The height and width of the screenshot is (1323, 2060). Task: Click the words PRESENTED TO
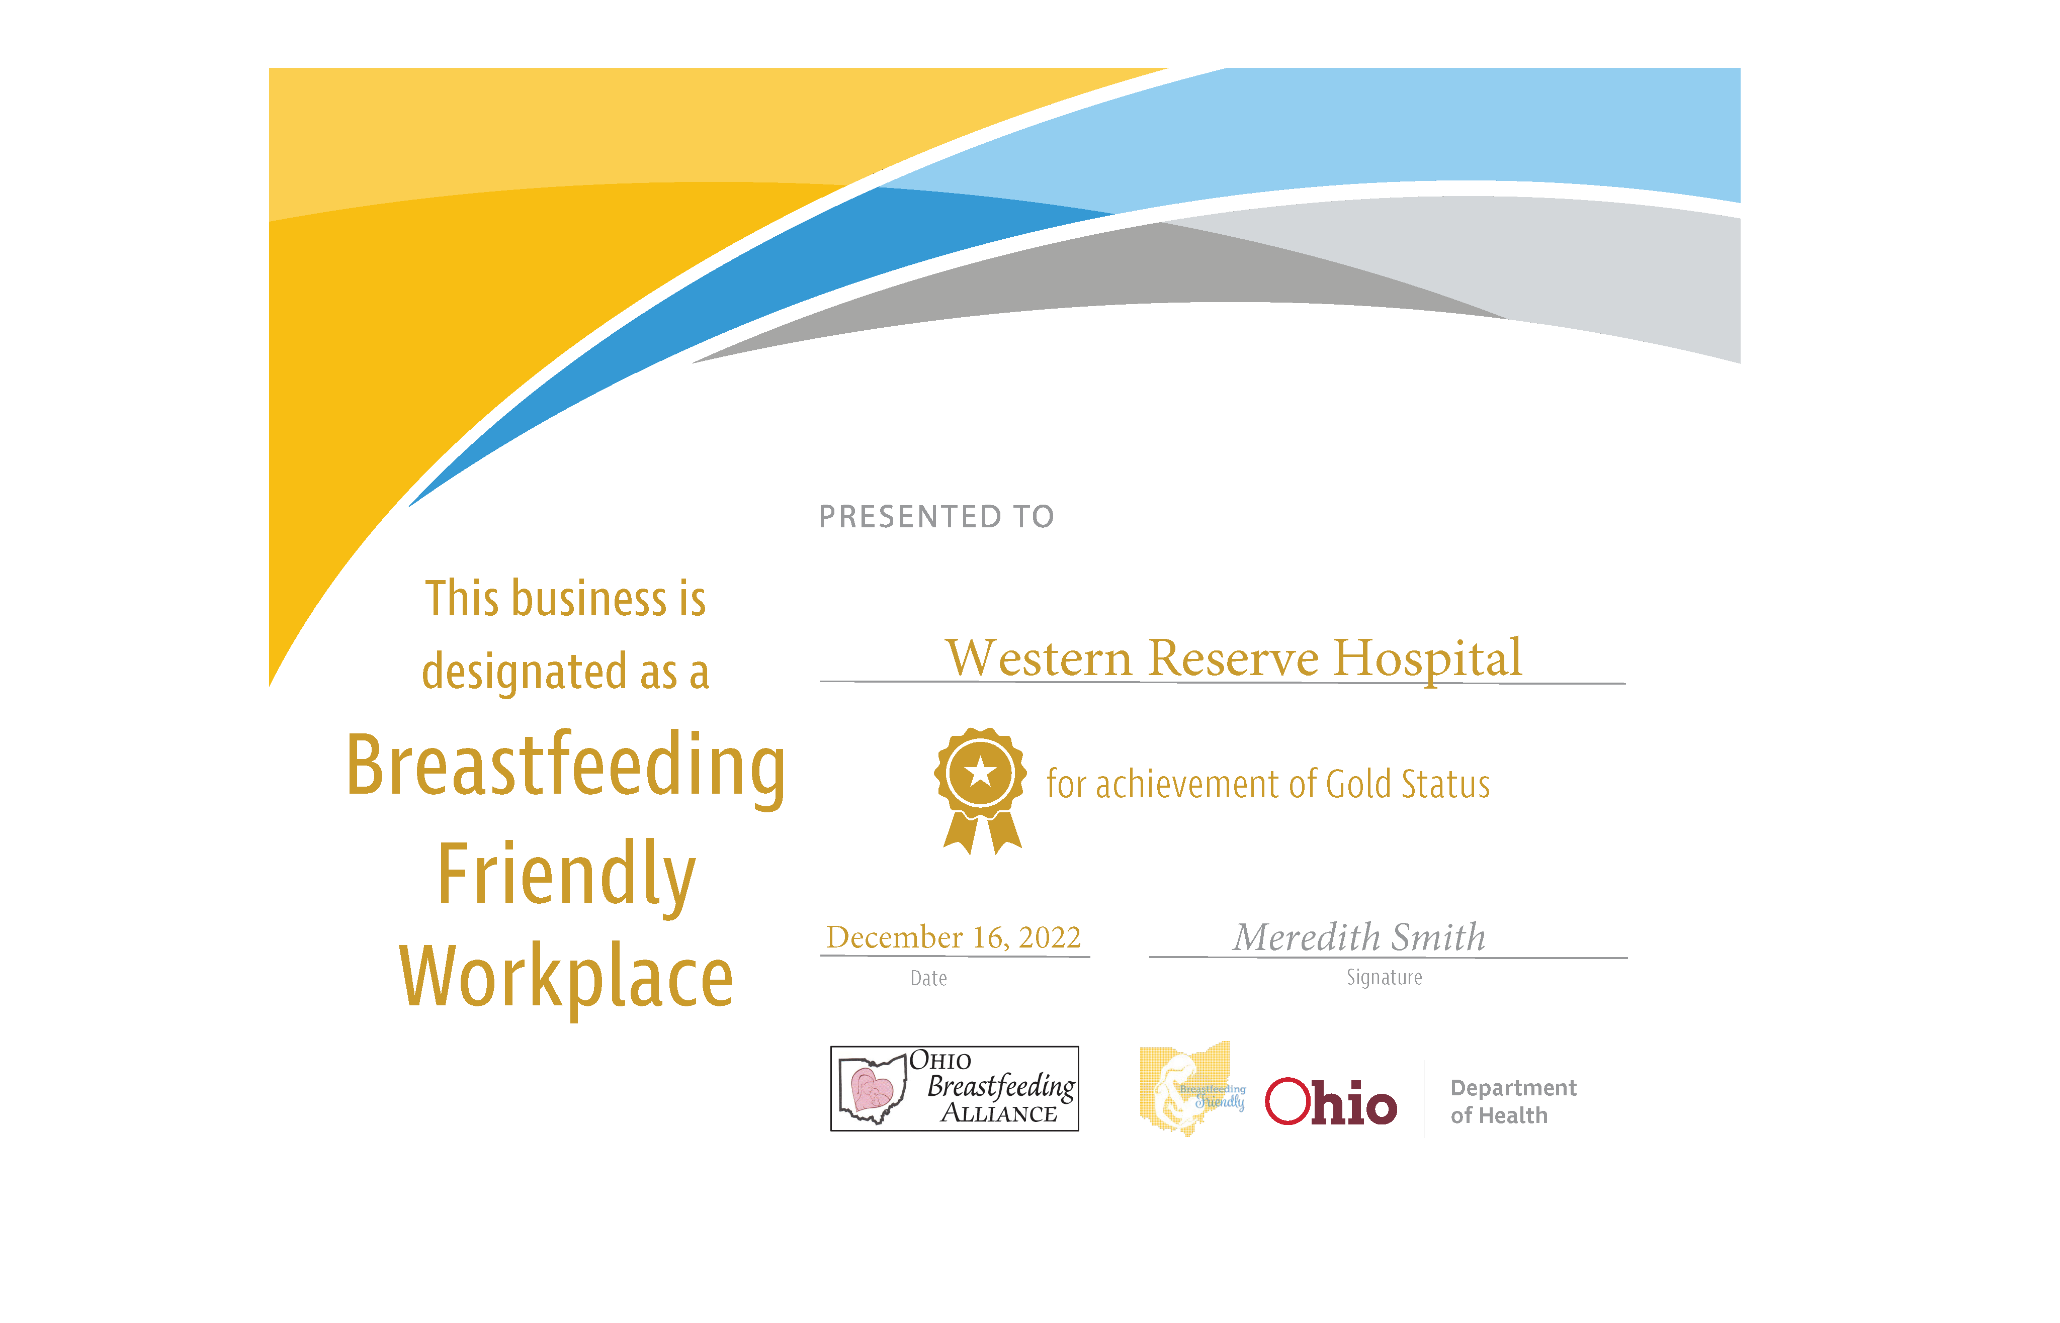[x=936, y=516]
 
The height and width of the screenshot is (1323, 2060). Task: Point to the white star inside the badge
[x=981, y=772]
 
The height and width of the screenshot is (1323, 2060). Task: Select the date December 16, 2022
[x=953, y=936]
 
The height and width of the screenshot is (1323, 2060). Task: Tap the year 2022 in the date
[x=1049, y=936]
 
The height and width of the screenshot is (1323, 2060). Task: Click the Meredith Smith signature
[x=1359, y=936]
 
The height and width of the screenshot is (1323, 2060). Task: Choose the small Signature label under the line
[x=1384, y=978]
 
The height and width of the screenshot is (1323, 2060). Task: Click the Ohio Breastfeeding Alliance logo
[x=954, y=1088]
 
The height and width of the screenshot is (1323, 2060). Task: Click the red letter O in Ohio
[x=1286, y=1101]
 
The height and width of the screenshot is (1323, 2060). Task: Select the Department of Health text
[x=1512, y=1101]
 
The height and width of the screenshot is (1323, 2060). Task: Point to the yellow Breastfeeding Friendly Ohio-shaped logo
[x=1192, y=1088]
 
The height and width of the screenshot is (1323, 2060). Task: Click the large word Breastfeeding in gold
[x=565, y=767]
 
